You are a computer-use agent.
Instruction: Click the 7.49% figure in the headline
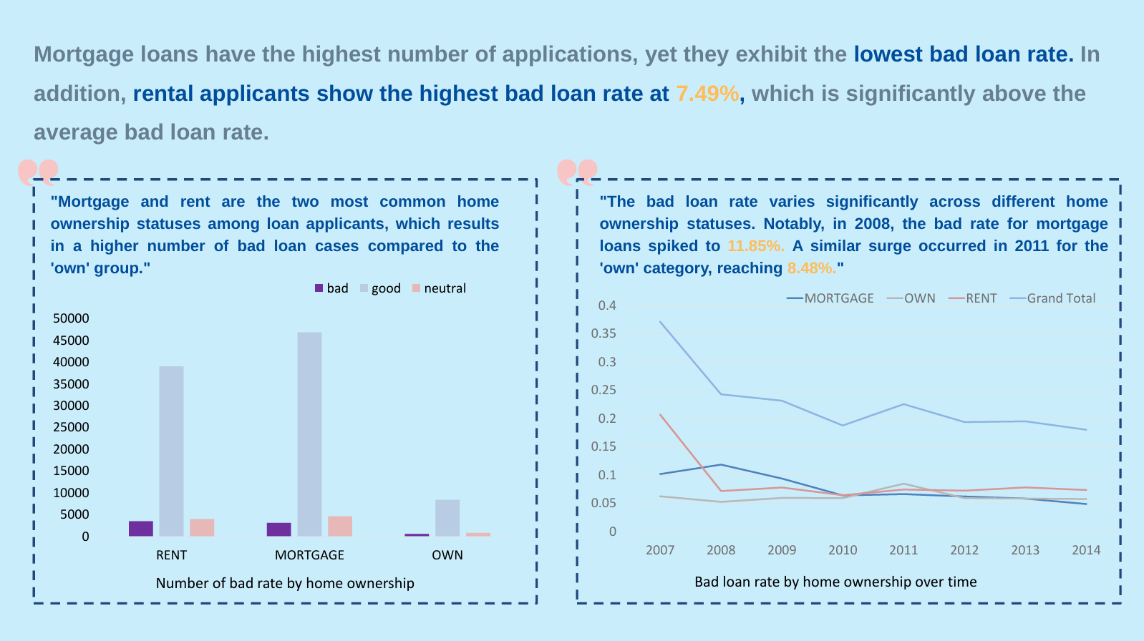point(707,94)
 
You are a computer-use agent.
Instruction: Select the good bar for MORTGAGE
point(309,434)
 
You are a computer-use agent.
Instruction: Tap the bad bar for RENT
point(141,529)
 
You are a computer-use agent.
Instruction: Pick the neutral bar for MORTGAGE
point(340,526)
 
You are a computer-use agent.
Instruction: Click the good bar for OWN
point(447,517)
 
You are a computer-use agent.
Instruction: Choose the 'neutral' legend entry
point(439,288)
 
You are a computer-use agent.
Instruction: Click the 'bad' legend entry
point(331,288)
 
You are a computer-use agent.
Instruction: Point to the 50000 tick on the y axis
point(71,318)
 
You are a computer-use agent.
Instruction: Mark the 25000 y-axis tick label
point(71,427)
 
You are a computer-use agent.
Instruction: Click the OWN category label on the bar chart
point(447,555)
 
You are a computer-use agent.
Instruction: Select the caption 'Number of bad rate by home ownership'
point(285,583)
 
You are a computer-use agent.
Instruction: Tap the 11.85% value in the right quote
point(755,246)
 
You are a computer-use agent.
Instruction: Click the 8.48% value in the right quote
point(811,268)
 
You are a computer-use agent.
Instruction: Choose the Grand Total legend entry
point(1053,298)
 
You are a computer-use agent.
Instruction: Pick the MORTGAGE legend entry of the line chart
point(830,298)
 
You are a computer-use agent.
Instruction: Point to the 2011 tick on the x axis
point(903,550)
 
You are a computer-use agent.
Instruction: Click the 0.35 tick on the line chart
point(603,333)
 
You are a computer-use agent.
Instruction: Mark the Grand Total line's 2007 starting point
point(660,322)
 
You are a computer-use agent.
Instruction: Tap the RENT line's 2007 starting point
point(660,415)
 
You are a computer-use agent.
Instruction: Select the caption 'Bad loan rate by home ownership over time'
point(835,582)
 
